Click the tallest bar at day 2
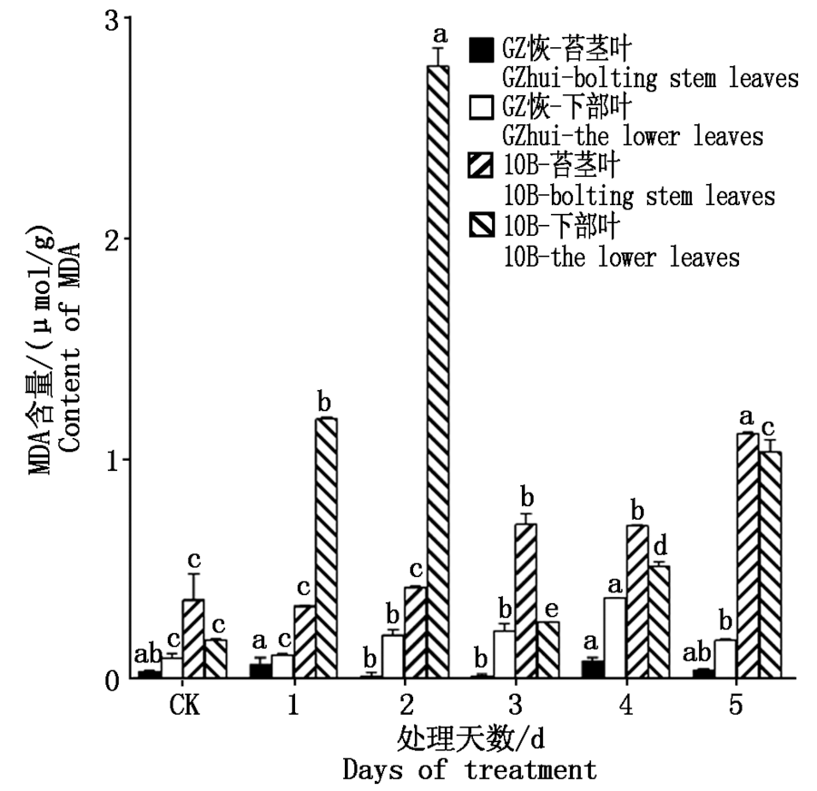point(438,372)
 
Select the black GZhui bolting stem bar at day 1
point(261,670)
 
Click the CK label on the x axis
point(182,705)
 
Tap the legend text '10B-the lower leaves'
point(622,258)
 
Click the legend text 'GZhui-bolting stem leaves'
point(651,78)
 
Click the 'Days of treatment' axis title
point(470,770)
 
